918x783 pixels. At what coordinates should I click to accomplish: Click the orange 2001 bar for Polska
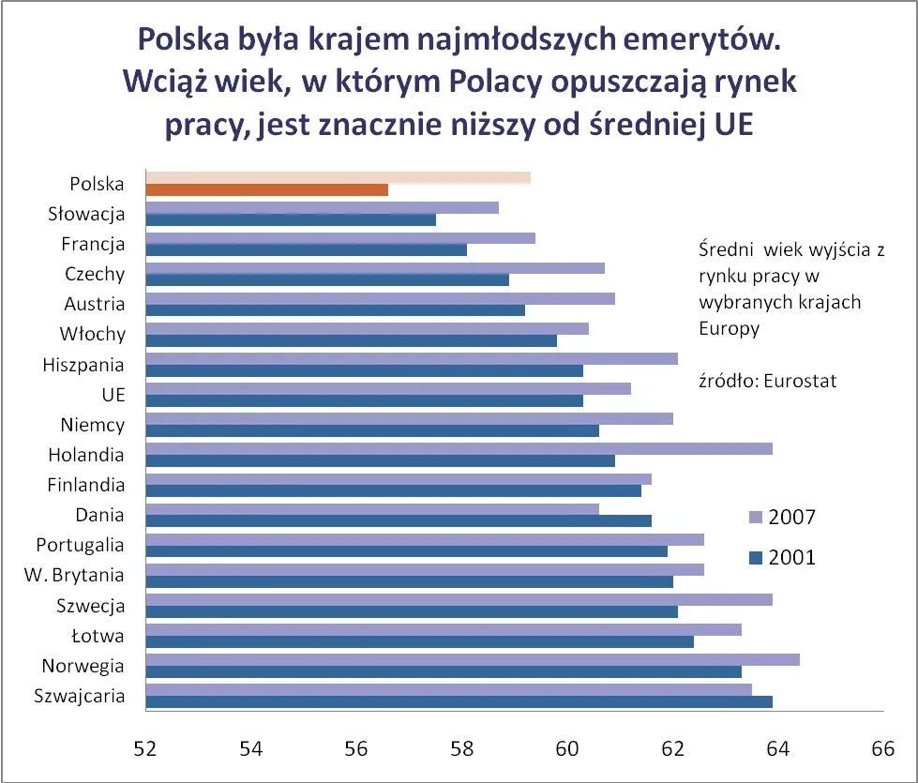(x=267, y=190)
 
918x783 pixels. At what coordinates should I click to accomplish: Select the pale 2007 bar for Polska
(x=339, y=177)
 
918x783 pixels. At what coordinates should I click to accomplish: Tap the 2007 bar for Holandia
(x=459, y=448)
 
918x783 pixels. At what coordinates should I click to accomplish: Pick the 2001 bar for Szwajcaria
(x=459, y=701)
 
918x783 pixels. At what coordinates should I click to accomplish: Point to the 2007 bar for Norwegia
(x=474, y=659)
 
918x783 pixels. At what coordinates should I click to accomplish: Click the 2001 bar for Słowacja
(x=292, y=219)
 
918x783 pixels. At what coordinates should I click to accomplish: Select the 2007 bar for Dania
(x=373, y=508)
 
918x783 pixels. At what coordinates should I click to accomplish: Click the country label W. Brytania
(x=78, y=575)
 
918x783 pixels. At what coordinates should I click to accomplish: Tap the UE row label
(x=113, y=395)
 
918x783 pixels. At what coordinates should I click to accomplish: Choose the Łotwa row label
(x=98, y=636)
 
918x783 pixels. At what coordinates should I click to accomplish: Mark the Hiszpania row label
(x=83, y=365)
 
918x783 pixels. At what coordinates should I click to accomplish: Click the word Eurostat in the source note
(x=800, y=382)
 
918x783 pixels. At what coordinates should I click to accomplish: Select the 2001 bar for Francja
(x=307, y=250)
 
